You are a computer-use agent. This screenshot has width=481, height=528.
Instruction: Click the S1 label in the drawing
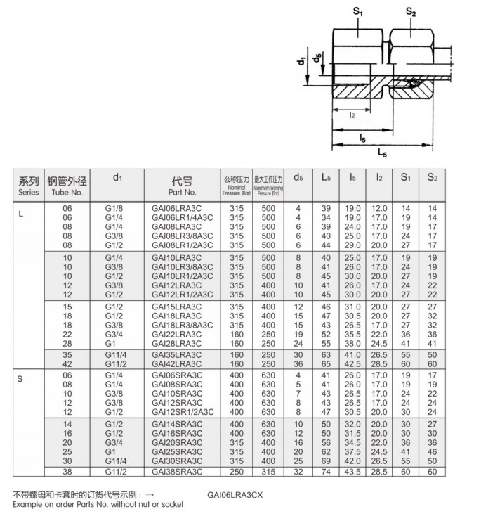coord(357,11)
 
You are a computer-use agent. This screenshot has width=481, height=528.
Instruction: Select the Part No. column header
coord(182,185)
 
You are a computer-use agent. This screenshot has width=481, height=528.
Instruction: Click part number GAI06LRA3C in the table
coord(176,208)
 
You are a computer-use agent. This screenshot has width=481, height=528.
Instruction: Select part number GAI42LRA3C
coord(176,364)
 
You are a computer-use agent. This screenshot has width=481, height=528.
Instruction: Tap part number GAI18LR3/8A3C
coord(182,324)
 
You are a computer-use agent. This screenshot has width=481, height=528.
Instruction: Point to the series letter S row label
coord(20,380)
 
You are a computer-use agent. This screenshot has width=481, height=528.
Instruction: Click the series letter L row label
coord(20,214)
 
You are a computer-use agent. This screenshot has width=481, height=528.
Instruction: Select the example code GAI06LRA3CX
coord(235,495)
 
